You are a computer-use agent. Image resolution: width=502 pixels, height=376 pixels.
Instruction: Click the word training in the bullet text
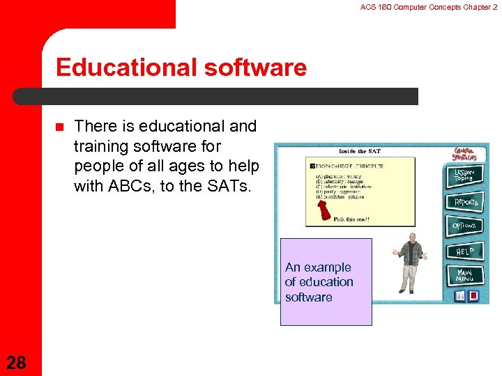point(102,146)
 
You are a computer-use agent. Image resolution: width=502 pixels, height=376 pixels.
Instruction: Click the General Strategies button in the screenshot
point(465,154)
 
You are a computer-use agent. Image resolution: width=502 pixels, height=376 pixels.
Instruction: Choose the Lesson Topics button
point(464,177)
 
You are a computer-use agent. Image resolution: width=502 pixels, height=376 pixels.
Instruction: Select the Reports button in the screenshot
point(466,202)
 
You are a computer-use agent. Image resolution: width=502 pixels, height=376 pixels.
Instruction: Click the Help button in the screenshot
point(464,251)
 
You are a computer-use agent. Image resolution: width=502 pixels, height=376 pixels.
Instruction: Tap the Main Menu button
point(464,275)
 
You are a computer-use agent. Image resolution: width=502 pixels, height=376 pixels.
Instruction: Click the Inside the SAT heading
point(360,151)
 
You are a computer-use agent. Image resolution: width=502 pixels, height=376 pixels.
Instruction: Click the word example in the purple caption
point(328,267)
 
